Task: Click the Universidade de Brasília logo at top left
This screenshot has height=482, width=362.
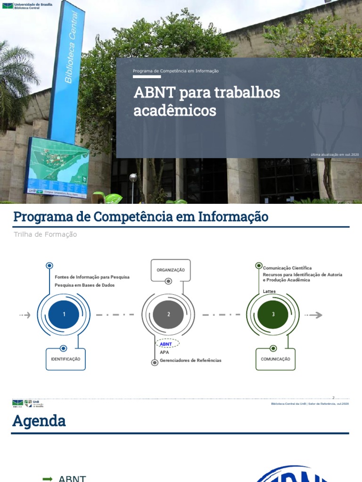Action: (x=27, y=6)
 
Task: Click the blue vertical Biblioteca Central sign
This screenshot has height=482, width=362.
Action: (x=67, y=71)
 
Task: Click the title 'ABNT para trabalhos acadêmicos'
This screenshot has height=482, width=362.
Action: (x=206, y=101)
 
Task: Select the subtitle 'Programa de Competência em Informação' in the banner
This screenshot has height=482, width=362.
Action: (x=175, y=71)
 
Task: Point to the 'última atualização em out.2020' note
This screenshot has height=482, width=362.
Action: (x=335, y=154)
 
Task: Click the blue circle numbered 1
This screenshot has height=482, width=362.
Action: (x=64, y=315)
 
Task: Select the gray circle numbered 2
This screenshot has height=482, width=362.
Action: (x=168, y=315)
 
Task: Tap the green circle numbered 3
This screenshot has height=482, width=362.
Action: (x=273, y=315)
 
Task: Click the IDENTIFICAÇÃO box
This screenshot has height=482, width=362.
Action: (x=66, y=359)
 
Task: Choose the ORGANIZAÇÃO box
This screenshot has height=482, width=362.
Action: (x=171, y=270)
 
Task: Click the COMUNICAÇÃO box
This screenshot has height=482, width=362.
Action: (x=275, y=359)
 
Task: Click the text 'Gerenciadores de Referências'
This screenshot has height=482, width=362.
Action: (x=190, y=361)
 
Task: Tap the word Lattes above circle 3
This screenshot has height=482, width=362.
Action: (x=269, y=291)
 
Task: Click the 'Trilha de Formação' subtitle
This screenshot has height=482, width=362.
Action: (x=45, y=234)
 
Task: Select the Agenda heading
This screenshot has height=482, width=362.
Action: (x=39, y=421)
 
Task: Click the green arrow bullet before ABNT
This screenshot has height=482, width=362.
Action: (x=47, y=479)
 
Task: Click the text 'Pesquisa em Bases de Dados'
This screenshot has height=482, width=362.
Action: (x=84, y=285)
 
